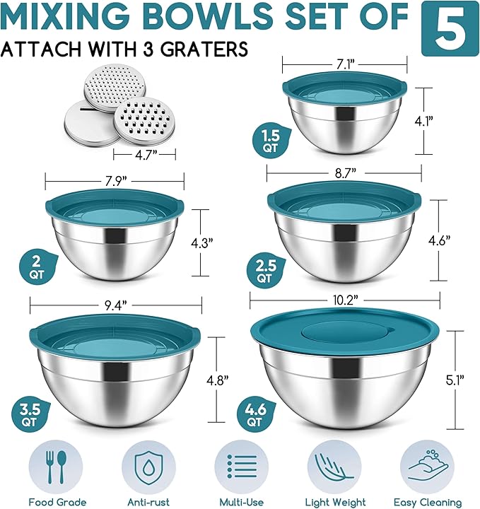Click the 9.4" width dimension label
114,305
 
